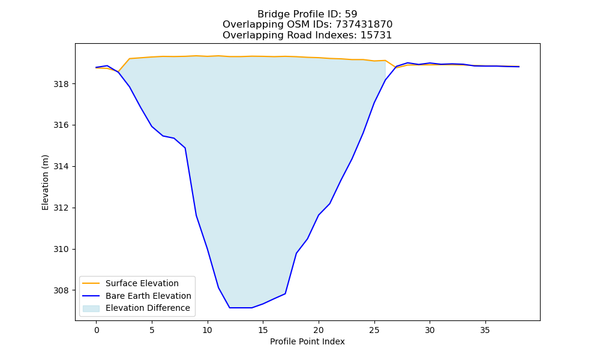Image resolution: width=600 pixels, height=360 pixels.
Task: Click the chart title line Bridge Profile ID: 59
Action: pyautogui.click(x=307, y=14)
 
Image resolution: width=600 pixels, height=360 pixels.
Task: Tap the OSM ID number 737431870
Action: pyautogui.click(x=364, y=25)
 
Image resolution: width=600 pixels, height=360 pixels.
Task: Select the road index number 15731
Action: pyautogui.click(x=376, y=35)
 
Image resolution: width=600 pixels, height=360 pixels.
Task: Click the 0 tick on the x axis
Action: pyautogui.click(x=97, y=330)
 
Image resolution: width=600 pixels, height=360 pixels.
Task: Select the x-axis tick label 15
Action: pyautogui.click(x=263, y=330)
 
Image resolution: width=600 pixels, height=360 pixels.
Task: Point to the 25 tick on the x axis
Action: pyautogui.click(x=374, y=330)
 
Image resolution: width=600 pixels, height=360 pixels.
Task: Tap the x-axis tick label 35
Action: pyautogui.click(x=485, y=330)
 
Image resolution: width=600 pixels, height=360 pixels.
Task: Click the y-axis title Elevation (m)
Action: pyautogui.click(x=46, y=182)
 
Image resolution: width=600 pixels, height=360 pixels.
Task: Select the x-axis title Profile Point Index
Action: pyautogui.click(x=307, y=341)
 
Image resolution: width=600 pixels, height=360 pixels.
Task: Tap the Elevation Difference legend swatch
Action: pyautogui.click(x=91, y=308)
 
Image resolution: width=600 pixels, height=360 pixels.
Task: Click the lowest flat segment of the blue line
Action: pyautogui.click(x=241, y=308)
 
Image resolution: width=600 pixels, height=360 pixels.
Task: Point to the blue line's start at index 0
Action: pyautogui.click(x=97, y=67)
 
